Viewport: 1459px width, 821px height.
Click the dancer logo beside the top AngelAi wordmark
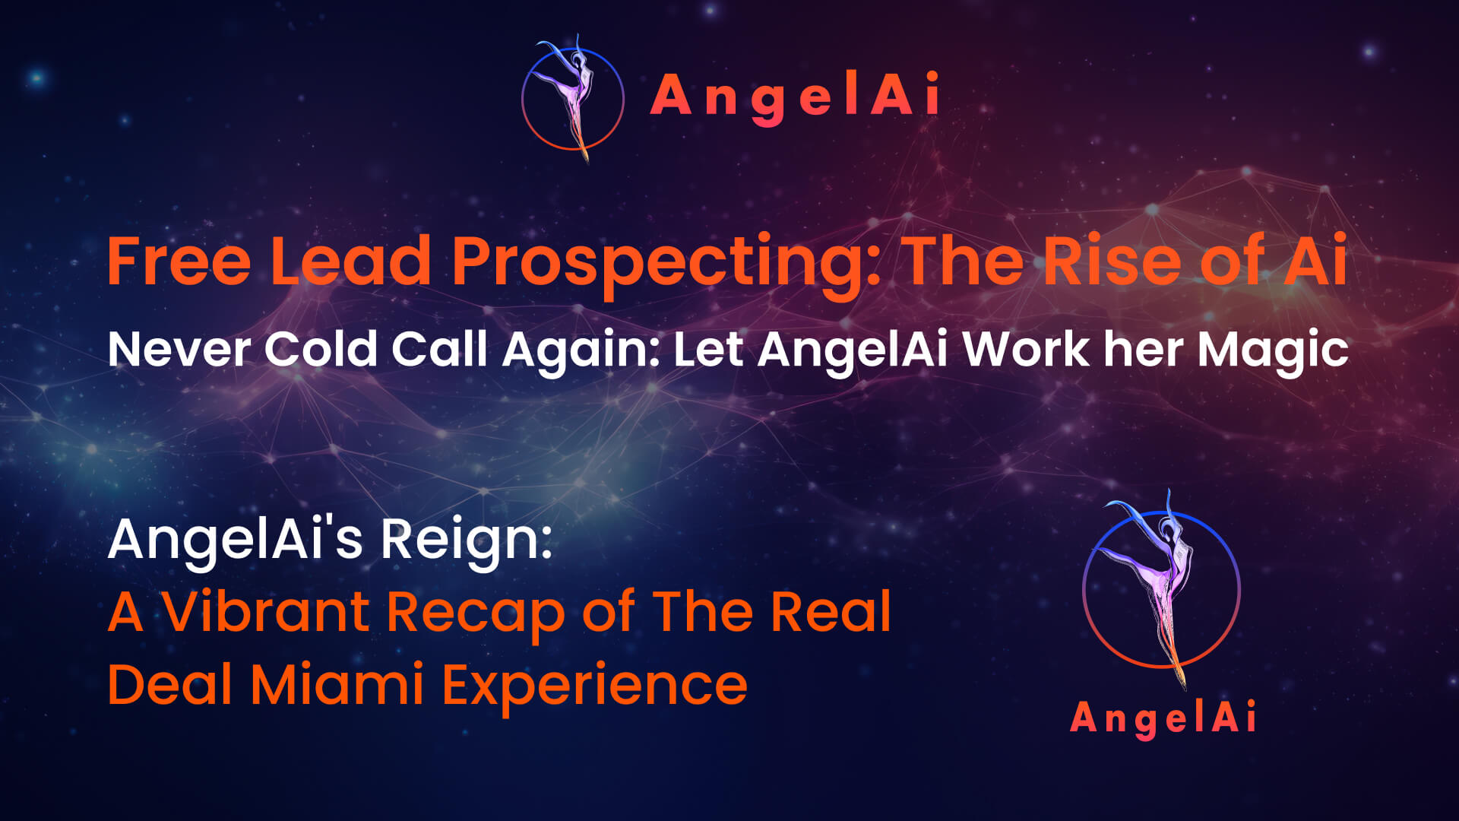(573, 98)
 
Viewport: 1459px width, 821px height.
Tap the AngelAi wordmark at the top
(795, 97)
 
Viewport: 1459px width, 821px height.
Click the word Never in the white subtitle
(179, 350)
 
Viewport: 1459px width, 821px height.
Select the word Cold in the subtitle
(320, 350)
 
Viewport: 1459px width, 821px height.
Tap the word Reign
(466, 540)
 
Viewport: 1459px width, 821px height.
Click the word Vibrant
(265, 612)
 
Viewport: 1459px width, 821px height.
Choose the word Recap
(476, 613)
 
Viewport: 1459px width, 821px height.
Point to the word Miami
(337, 684)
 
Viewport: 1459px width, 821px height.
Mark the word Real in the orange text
(831, 612)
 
